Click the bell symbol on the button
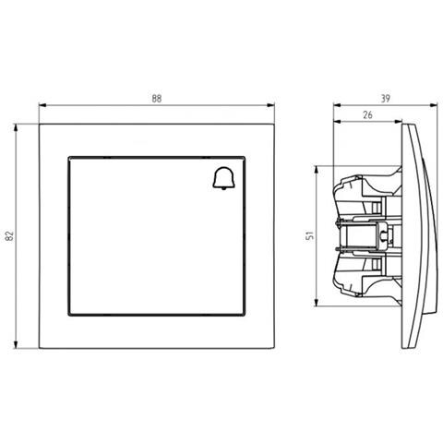point(223,178)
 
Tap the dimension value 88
point(157,99)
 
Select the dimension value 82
point(10,235)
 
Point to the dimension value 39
point(386,99)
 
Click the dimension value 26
point(367,115)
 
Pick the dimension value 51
point(310,235)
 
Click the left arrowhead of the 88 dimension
point(42,105)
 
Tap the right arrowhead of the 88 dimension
point(270,105)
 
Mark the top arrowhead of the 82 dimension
point(16,128)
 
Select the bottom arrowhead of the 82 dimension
point(16,344)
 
